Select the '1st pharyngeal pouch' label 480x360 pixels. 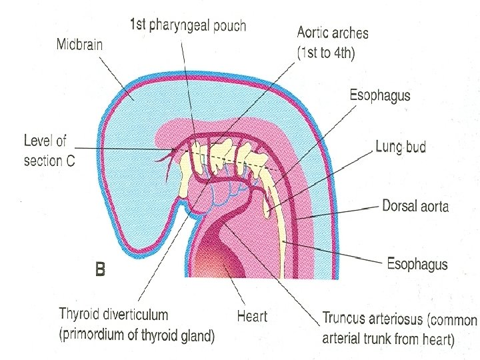[187, 26]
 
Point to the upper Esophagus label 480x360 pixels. [380, 95]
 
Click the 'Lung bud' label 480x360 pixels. [401, 147]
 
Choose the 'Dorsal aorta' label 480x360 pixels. [415, 205]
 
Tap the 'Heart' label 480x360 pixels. [252, 315]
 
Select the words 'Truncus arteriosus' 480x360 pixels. [373, 320]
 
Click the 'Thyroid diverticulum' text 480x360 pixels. [113, 313]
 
